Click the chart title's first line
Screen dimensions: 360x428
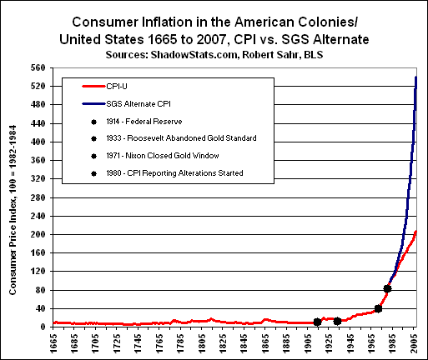click(214, 22)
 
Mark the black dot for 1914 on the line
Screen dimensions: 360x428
click(317, 322)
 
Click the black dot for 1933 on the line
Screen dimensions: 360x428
click(337, 322)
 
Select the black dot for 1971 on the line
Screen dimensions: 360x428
click(378, 309)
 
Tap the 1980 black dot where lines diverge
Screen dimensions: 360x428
click(387, 289)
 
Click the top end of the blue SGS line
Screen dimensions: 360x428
click(416, 77)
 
